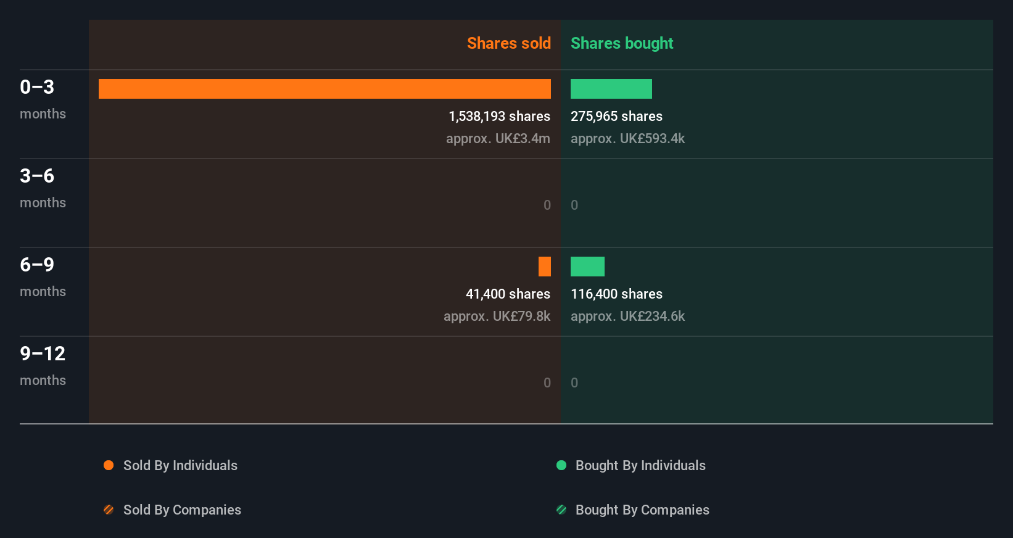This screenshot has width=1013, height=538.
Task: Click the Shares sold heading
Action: (x=508, y=43)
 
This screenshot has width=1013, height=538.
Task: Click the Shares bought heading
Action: (x=621, y=43)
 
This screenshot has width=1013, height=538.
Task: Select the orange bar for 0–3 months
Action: (x=325, y=89)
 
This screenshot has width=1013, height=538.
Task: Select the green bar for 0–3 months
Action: (x=611, y=89)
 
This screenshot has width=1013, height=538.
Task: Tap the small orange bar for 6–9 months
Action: (x=544, y=267)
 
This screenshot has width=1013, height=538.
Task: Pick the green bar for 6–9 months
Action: (x=587, y=267)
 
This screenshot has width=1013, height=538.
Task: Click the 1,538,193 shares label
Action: (x=499, y=117)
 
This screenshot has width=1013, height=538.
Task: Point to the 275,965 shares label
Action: (x=616, y=117)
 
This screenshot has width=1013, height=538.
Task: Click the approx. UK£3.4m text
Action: (x=498, y=139)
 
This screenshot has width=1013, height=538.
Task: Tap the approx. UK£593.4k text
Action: (x=627, y=139)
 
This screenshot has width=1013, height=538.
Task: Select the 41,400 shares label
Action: (x=508, y=294)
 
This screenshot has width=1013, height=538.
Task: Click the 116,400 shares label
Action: (x=616, y=294)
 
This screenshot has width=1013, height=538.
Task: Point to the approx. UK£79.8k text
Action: (x=497, y=317)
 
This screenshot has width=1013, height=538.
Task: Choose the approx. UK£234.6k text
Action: (x=627, y=317)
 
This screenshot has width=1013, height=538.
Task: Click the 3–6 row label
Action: (x=37, y=176)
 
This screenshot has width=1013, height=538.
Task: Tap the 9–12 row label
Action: (x=43, y=354)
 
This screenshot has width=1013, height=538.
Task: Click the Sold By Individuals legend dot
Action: (x=109, y=465)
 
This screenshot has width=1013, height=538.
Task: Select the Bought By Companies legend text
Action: (x=642, y=510)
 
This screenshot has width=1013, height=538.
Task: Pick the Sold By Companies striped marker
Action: (x=109, y=510)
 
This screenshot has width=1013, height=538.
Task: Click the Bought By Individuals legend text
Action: (x=640, y=465)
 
